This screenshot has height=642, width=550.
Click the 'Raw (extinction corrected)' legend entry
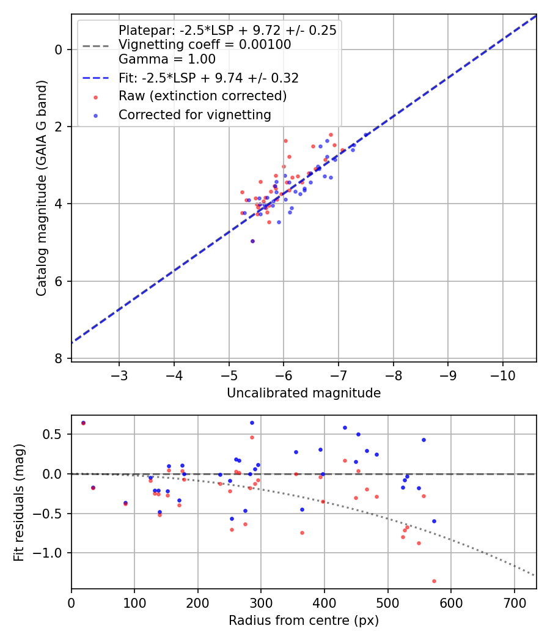tap(202, 96)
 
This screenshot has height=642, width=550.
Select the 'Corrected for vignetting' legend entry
tap(194, 114)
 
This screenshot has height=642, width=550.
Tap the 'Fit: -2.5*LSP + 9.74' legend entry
tap(208, 78)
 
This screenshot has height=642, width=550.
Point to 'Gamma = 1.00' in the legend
tap(167, 59)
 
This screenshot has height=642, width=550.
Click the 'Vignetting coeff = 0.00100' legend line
tap(205, 45)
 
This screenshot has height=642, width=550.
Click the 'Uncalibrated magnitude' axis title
tap(304, 393)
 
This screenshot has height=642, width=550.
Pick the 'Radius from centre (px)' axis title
tap(304, 621)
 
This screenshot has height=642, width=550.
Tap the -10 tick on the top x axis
tap(503, 374)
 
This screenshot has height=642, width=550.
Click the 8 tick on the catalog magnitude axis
tap(59, 359)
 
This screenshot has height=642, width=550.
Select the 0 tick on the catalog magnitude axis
tap(59, 50)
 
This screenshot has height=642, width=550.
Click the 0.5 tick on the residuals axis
tap(55, 434)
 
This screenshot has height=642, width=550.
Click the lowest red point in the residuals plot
tap(434, 581)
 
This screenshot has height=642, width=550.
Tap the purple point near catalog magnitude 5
tap(252, 242)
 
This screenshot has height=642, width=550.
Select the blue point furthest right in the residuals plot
tap(434, 521)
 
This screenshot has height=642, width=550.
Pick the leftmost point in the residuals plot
tap(83, 422)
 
